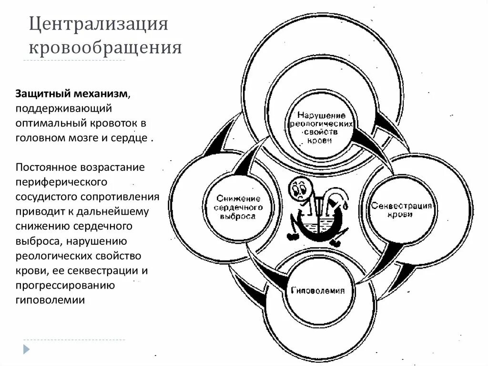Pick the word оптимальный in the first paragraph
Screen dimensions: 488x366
pos(49,123)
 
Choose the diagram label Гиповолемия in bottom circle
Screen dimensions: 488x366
pos(315,291)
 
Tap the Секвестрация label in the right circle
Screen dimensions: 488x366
pos(402,207)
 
